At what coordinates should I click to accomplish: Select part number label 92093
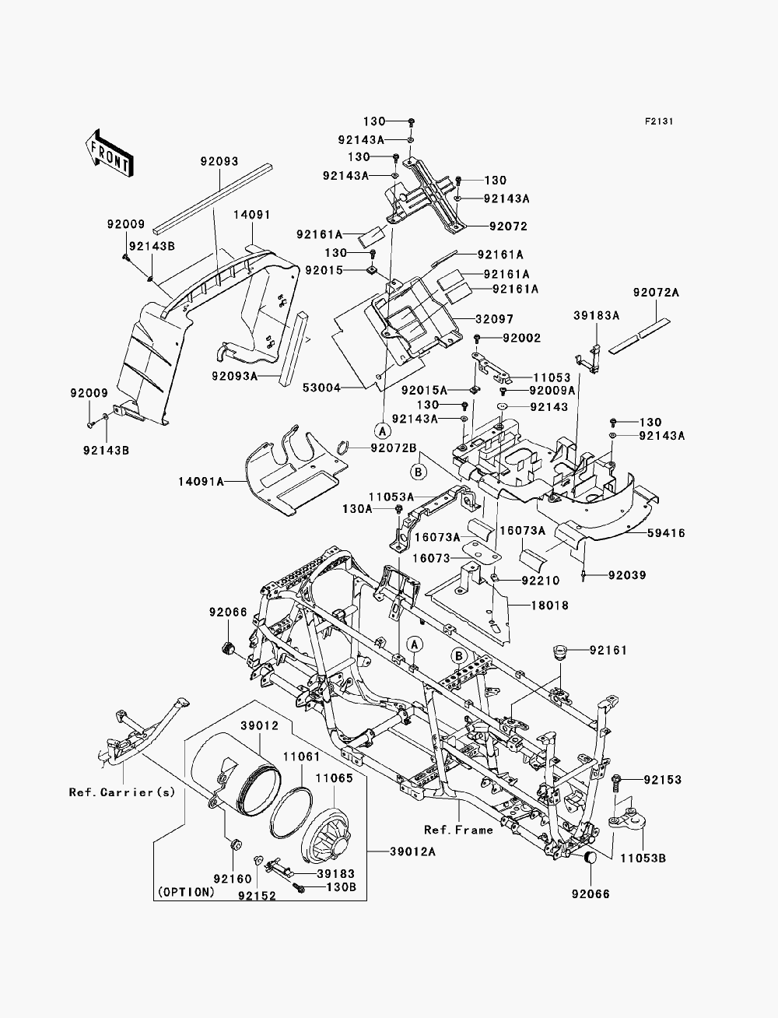pos(219,161)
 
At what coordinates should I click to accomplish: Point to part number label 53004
pos(321,388)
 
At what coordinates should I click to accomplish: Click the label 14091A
pos(201,482)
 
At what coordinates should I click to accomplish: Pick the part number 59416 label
pos(666,533)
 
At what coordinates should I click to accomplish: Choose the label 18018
pos(550,606)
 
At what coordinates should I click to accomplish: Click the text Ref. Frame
pos(458,830)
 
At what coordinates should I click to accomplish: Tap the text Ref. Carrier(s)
pos(122,792)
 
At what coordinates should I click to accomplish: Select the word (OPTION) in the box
pos(187,892)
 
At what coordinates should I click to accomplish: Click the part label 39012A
pos(412,851)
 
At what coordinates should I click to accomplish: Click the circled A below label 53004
pos(383,431)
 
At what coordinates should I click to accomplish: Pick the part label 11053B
pos(643,858)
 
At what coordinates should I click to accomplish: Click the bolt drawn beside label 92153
pos(616,783)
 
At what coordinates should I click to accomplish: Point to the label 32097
pos(494,319)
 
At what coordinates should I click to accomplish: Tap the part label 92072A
pos(656,293)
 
